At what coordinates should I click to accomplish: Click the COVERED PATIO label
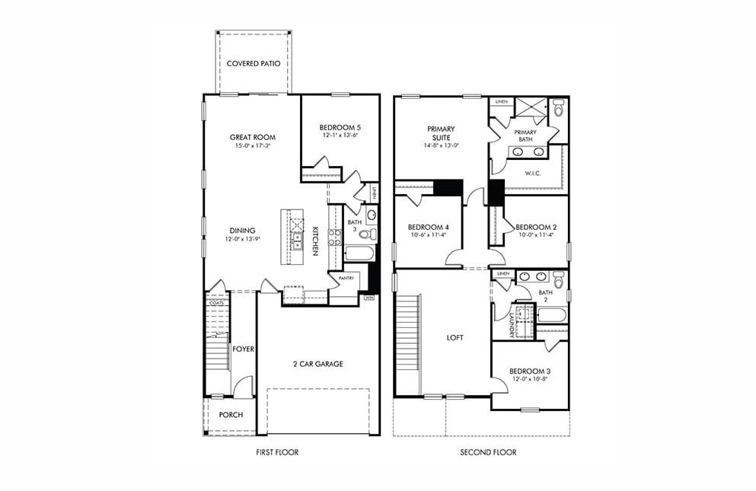click(258, 63)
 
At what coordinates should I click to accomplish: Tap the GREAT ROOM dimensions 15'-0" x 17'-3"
click(252, 145)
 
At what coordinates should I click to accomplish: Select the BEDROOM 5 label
click(340, 127)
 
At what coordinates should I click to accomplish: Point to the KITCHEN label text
click(314, 239)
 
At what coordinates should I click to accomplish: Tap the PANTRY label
click(346, 279)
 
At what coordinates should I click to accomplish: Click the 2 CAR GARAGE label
click(318, 364)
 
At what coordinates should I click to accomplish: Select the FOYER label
click(244, 349)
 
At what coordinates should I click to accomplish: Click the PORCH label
click(231, 415)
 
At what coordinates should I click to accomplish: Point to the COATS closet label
click(216, 303)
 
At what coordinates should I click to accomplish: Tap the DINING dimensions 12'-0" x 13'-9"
click(243, 239)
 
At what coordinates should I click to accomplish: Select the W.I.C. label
click(533, 173)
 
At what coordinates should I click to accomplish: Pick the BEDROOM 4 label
click(428, 227)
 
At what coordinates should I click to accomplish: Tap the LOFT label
click(455, 337)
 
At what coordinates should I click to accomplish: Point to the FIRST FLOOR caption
click(277, 452)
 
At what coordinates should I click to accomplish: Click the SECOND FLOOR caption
click(488, 452)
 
